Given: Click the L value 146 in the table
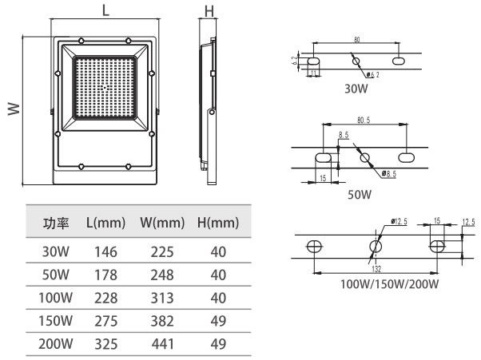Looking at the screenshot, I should point(106,252).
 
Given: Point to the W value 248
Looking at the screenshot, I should point(162,275).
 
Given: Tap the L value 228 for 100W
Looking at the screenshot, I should point(106,299).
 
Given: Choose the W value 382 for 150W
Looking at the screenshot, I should point(162,322).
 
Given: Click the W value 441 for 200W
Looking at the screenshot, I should point(162,345).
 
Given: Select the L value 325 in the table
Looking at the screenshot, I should point(106,345).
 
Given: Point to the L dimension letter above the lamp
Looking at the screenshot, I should point(105,10).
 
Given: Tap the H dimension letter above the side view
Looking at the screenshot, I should point(209,10).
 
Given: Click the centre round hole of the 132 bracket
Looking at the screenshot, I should point(373,245).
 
